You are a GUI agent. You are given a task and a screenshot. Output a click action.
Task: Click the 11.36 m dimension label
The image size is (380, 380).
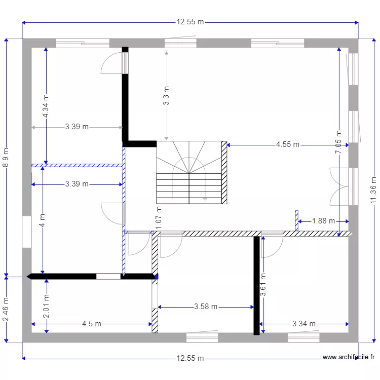pyautogui.click(x=373, y=190)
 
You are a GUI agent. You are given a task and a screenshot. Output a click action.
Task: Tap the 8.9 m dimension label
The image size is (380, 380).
pyautogui.click(x=6, y=158)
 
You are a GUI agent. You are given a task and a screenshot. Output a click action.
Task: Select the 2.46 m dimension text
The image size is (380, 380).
pyautogui.click(x=6, y=310)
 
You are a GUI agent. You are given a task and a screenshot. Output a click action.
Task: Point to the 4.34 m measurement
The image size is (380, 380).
pyautogui.click(x=46, y=106)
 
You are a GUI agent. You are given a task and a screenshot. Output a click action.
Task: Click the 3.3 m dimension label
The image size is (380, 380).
pyautogui.click(x=166, y=96)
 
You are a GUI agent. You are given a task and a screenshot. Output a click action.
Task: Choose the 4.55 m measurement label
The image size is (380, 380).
pyautogui.click(x=288, y=144)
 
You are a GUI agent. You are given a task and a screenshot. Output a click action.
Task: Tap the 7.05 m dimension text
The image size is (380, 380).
pyautogui.click(x=338, y=142)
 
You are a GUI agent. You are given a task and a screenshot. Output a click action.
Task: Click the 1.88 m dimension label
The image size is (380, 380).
pyautogui.click(x=323, y=221)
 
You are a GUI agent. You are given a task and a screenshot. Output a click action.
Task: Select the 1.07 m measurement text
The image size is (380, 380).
pyautogui.click(x=158, y=218)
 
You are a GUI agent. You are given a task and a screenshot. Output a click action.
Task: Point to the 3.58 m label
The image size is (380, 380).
pyautogui.click(x=206, y=307)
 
